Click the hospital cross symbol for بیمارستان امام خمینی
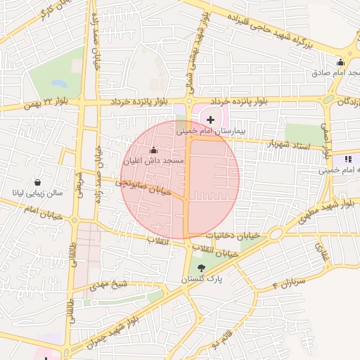tap(210, 120)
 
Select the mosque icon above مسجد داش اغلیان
tap(154, 150)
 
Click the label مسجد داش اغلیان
tap(153, 161)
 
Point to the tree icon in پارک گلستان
tap(202, 267)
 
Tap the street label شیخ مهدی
tap(110, 284)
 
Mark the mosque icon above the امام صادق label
tap(341, 61)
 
